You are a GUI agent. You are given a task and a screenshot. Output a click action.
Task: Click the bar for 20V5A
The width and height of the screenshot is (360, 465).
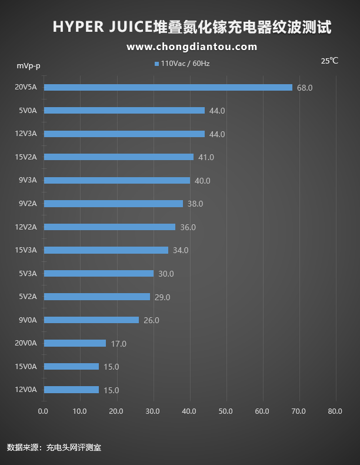(168, 87)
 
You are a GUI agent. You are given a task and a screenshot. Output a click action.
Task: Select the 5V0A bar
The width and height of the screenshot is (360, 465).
(124, 110)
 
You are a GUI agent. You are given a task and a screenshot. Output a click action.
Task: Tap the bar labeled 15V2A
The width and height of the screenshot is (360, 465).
(118, 157)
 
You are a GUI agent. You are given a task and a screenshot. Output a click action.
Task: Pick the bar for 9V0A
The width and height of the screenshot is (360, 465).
(91, 320)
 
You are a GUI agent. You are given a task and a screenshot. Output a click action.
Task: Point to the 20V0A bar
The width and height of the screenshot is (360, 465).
(75, 343)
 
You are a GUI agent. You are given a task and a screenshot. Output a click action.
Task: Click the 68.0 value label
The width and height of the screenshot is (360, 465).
(305, 88)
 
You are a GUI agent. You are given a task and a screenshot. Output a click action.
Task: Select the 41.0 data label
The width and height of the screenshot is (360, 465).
(206, 157)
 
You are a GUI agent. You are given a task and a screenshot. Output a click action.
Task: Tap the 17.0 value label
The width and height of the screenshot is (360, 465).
(118, 344)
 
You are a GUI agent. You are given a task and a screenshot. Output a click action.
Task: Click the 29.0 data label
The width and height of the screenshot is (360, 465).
(162, 297)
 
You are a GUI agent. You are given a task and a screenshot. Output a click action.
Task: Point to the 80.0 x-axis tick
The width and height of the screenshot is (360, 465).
(335, 411)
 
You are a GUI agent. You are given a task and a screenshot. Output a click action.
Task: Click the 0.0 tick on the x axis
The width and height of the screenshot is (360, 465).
(43, 411)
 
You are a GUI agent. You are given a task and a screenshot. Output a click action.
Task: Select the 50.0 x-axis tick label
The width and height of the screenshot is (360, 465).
(225, 411)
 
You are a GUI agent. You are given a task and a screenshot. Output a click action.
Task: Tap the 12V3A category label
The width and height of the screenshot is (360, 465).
(25, 134)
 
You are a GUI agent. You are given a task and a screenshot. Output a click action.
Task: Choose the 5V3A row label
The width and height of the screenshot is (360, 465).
(28, 273)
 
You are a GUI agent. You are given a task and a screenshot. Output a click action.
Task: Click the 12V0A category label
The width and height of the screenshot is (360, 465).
(25, 389)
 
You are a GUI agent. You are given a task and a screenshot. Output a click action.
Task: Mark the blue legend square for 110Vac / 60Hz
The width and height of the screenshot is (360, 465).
(156, 64)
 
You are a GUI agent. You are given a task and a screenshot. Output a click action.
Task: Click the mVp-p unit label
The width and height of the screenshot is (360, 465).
(28, 65)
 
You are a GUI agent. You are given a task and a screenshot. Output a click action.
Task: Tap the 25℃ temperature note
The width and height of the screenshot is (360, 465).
(329, 61)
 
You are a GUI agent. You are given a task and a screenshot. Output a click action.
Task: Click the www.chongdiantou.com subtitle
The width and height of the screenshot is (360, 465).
(192, 46)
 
